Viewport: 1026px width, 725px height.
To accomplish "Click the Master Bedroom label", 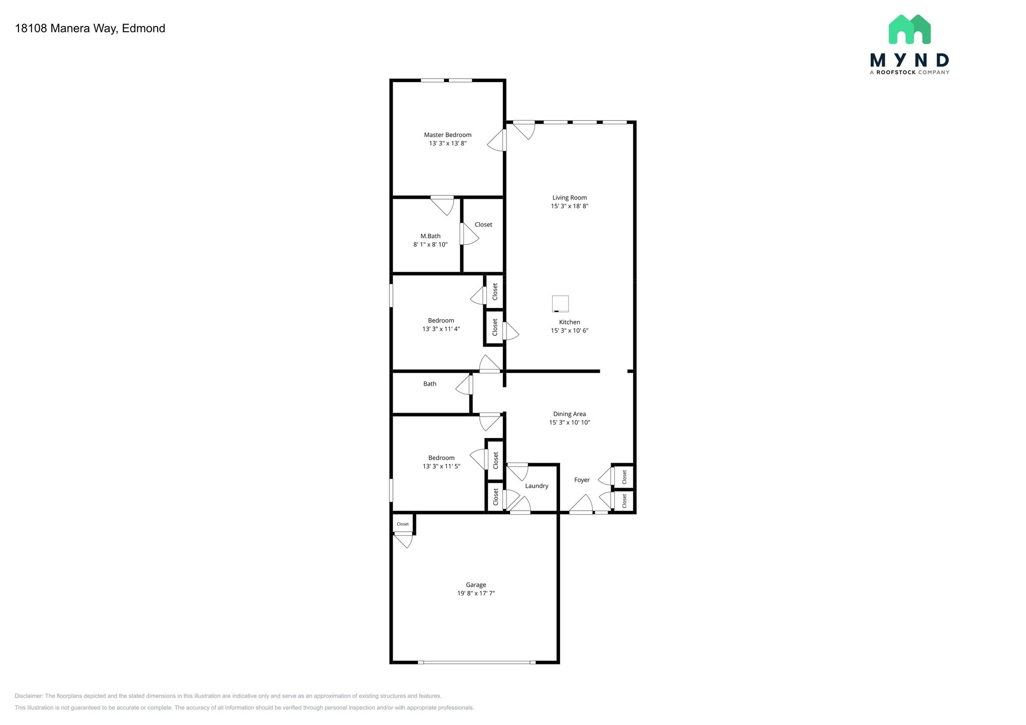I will [x=447, y=135].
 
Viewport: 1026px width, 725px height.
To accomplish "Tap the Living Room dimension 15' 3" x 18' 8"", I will [x=570, y=206].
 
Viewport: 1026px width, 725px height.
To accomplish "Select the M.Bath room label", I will [x=430, y=236].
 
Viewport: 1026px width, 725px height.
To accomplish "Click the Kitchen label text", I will [x=570, y=322].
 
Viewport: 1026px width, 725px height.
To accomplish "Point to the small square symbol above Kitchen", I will [x=560, y=304].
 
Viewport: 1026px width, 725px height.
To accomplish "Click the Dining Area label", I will [x=570, y=414].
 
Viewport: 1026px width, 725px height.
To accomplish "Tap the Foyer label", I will [x=582, y=480].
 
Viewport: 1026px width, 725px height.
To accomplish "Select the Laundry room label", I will [x=537, y=486].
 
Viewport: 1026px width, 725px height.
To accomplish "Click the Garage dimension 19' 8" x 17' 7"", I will [x=476, y=593].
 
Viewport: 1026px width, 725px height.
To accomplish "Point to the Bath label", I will [x=430, y=384].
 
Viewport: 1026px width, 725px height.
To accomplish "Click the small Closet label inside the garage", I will [x=403, y=524].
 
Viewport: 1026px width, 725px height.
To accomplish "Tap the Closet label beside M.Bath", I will [x=483, y=225].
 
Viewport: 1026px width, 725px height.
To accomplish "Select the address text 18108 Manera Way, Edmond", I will [x=90, y=29].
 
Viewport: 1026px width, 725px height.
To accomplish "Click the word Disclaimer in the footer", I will [x=28, y=696].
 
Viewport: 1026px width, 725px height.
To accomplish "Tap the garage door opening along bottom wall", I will [x=476, y=662].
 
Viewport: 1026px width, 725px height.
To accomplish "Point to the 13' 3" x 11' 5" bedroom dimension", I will [x=441, y=467].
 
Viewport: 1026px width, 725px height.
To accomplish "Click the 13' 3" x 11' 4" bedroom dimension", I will [x=441, y=329].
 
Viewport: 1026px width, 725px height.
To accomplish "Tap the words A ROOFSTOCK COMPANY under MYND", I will [x=909, y=73].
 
